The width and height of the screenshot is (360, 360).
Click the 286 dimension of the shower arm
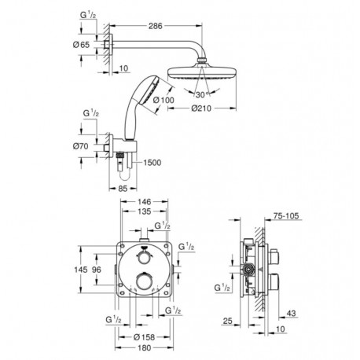[156, 26]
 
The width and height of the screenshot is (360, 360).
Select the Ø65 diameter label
[81, 45]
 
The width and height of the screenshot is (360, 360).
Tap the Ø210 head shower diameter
[201, 108]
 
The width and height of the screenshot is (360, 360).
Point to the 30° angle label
[203, 94]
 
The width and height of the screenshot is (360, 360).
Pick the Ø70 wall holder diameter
[81, 146]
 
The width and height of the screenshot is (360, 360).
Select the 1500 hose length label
[152, 163]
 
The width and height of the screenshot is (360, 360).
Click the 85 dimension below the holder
[123, 189]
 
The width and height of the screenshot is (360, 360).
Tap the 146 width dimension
[144, 202]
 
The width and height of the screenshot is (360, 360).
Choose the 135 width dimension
[144, 211]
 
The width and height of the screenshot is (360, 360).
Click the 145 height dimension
[81, 270]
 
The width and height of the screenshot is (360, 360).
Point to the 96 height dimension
[97, 270]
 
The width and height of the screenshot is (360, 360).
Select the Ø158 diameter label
[144, 337]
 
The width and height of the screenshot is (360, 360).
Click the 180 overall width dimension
[144, 347]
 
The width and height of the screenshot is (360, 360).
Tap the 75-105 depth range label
[286, 216]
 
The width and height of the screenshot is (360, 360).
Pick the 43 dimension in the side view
[291, 313]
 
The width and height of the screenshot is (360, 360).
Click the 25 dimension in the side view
[228, 321]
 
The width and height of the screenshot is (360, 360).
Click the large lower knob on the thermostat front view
[144, 281]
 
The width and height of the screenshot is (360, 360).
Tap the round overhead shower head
[202, 72]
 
